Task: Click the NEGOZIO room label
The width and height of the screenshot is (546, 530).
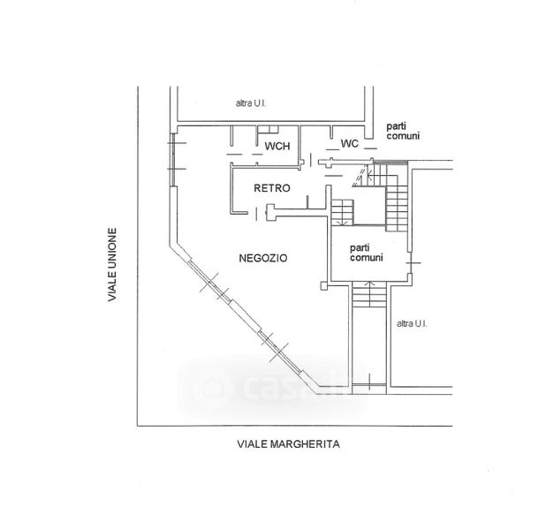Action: pos(263,258)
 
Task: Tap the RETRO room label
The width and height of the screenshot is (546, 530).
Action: pos(272,188)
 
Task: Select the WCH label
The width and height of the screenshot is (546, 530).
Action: pos(277,146)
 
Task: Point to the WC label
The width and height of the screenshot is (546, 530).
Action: pos(350,143)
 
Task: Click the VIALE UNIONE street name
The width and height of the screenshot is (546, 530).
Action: pos(112,265)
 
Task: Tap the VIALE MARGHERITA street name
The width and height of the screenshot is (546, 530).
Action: pos(289,444)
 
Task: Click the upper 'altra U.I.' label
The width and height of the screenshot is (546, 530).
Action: pos(251,103)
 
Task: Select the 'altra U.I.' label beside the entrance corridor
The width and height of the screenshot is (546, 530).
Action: pos(412,324)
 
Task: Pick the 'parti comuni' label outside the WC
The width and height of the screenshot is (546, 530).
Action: pos(403,131)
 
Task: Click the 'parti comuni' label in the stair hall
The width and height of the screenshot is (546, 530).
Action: pos(367,253)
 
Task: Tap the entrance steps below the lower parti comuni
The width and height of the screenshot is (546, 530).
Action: pos(369,294)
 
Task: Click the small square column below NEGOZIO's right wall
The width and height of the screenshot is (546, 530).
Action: pos(324,286)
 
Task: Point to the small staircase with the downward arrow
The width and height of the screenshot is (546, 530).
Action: pos(342,212)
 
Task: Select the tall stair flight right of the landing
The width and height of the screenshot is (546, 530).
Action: pos(397,209)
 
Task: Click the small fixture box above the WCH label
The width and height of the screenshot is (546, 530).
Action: pos(268,130)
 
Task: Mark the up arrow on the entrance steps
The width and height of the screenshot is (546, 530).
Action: pos(369,290)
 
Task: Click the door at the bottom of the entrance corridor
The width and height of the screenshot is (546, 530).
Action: pos(369,384)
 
